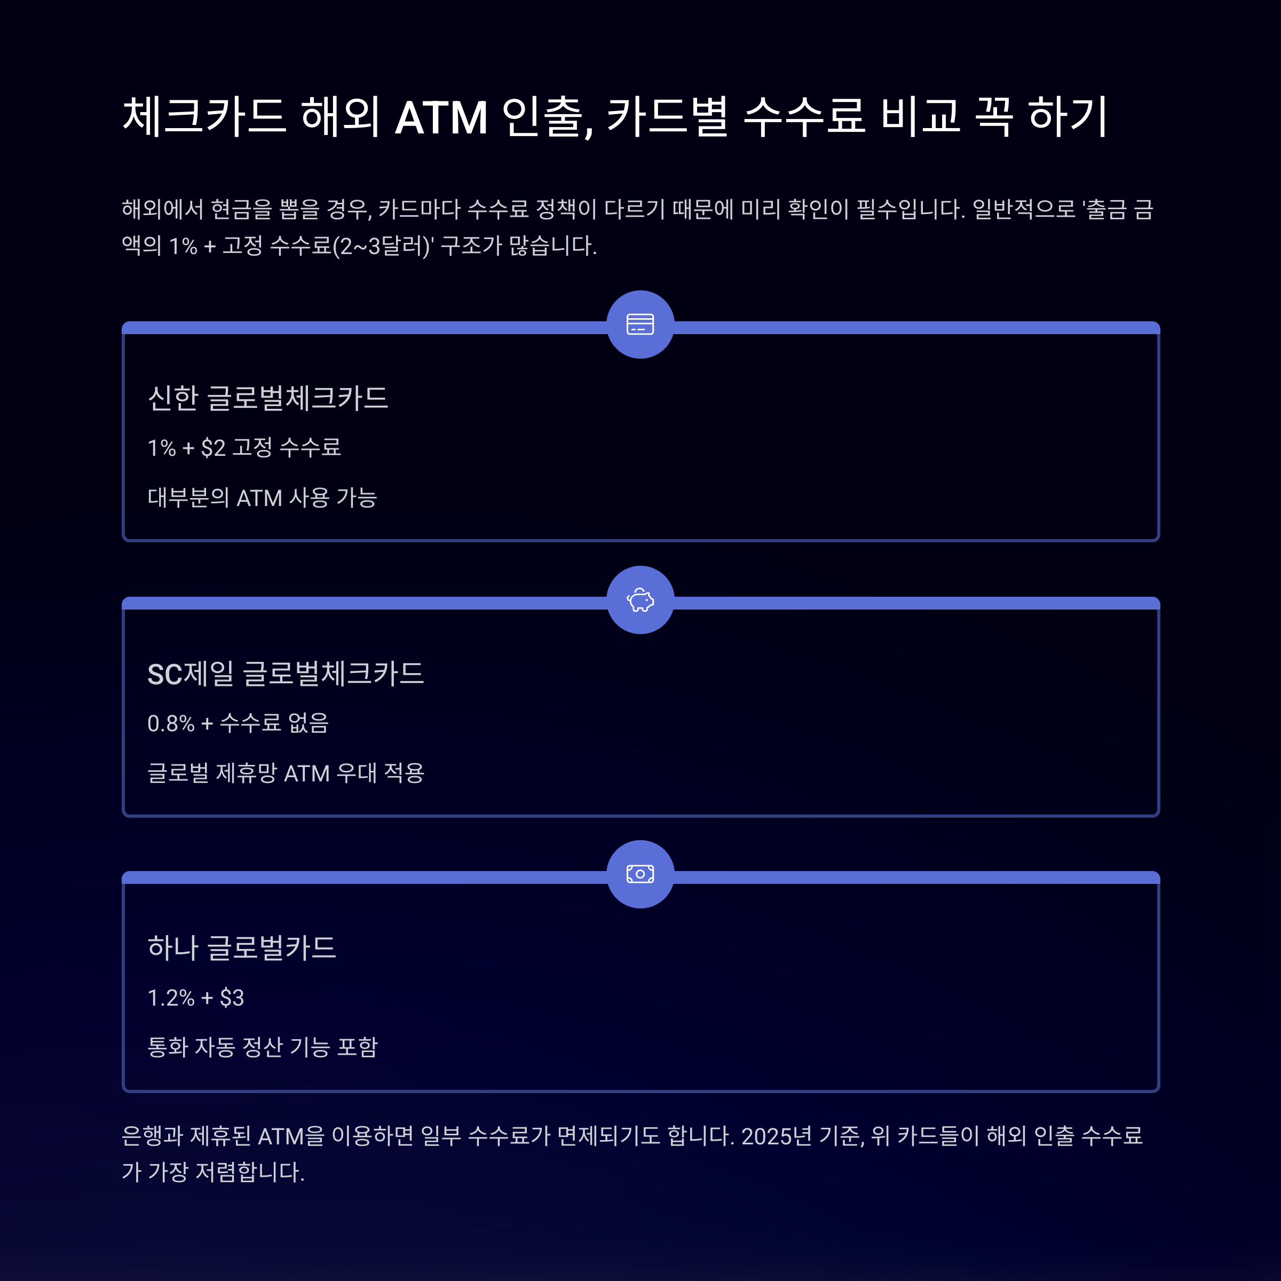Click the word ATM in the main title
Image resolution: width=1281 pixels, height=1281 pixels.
[x=441, y=117]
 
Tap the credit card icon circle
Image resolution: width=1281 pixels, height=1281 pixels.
[x=640, y=324]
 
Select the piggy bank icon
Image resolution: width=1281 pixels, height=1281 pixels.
[x=640, y=600]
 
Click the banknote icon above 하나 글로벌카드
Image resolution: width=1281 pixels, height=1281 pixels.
[x=640, y=874]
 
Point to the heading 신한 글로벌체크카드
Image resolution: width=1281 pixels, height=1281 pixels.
[x=268, y=398]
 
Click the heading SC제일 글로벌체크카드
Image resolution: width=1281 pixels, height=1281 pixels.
[x=286, y=674]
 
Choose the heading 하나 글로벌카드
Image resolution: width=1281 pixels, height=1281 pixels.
[x=242, y=947]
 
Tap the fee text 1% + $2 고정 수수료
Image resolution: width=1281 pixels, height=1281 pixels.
[x=244, y=448]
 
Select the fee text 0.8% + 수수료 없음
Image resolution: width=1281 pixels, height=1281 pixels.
[x=238, y=723]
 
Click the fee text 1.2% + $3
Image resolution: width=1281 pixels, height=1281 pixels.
[x=195, y=997]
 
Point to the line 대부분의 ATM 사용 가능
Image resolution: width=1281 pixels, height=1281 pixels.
[x=263, y=497]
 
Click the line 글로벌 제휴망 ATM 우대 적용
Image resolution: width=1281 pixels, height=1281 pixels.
[x=286, y=773]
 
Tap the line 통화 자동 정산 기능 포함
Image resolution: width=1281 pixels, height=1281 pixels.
[x=263, y=1047]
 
